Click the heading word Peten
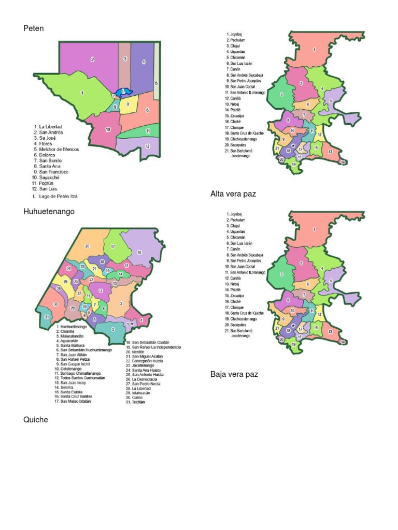(x=34, y=28)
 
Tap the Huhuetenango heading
(x=49, y=212)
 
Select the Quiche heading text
(x=36, y=420)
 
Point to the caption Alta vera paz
(x=233, y=194)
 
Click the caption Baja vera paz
(x=234, y=374)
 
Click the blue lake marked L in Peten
(x=123, y=92)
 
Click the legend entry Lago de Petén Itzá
(x=58, y=197)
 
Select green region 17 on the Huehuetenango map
(x=112, y=247)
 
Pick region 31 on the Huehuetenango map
(x=47, y=317)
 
